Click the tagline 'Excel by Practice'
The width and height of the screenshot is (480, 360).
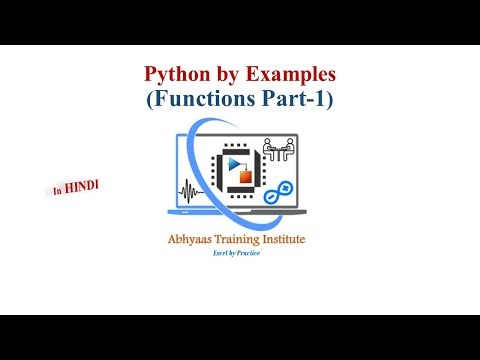click(x=240, y=256)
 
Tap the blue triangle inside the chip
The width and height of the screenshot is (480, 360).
click(x=236, y=164)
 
